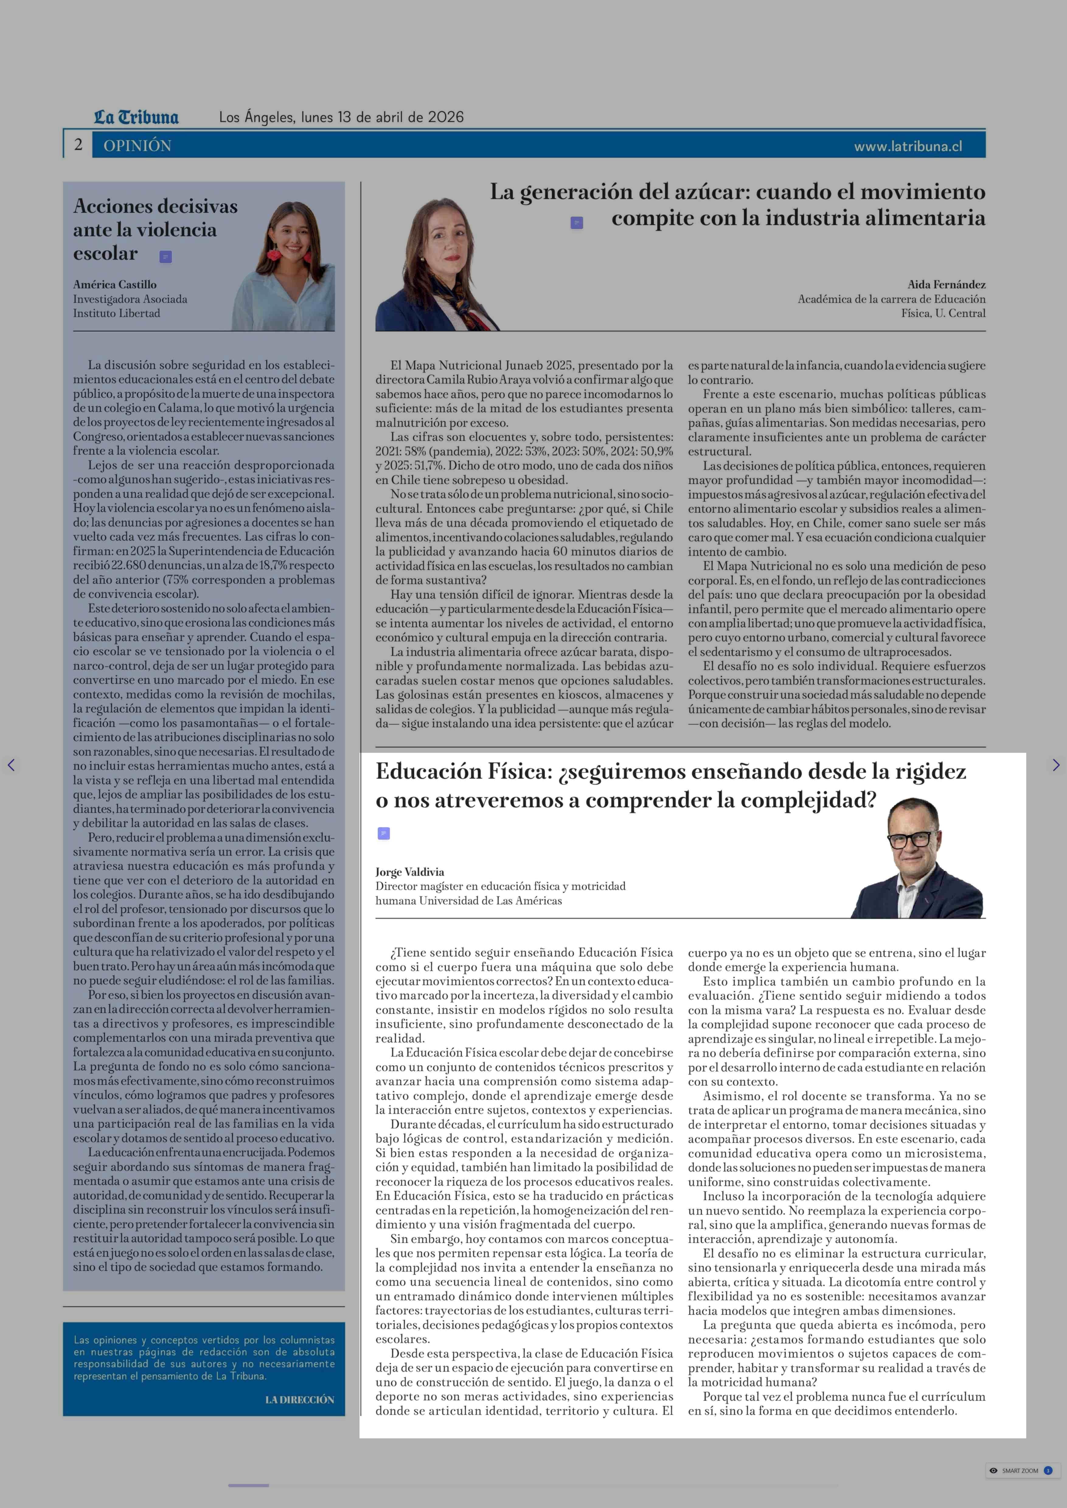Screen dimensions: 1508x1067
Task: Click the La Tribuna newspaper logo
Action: click(x=136, y=118)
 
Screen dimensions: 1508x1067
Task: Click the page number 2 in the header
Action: click(x=78, y=144)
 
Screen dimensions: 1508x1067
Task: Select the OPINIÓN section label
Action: click(x=137, y=146)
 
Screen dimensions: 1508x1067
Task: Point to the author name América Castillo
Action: click(x=115, y=284)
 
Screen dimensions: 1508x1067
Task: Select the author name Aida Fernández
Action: click(x=946, y=284)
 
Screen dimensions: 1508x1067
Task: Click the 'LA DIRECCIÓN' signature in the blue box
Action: click(x=300, y=1400)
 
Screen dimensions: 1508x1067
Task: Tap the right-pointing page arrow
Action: click(x=1055, y=765)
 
